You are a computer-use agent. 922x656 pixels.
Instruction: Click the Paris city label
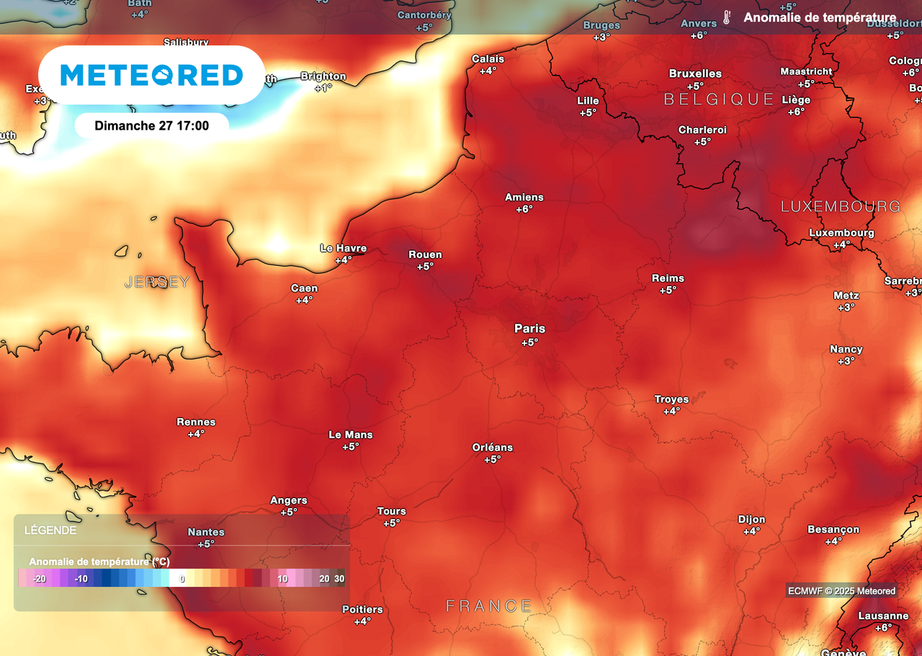(x=529, y=329)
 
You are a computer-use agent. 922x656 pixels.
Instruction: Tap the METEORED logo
(x=151, y=75)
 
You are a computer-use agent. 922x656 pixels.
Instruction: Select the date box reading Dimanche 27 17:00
(x=151, y=125)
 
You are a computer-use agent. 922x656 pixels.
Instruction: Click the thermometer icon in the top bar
(x=727, y=18)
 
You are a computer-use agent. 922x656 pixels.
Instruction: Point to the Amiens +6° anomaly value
(x=524, y=209)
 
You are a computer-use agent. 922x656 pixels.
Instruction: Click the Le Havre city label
(x=343, y=248)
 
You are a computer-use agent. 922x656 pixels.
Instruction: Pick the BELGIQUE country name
(x=718, y=99)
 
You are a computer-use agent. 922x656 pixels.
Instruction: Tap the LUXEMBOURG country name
(x=841, y=207)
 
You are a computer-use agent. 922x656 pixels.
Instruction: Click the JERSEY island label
(x=157, y=282)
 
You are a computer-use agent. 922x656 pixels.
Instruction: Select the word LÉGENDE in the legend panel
(x=50, y=531)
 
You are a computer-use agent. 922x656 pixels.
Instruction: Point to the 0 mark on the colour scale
(x=182, y=578)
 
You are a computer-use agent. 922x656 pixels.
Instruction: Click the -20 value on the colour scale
(x=39, y=578)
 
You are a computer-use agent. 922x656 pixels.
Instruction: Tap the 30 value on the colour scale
(x=339, y=578)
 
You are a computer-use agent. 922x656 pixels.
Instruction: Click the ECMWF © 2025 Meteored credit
(x=841, y=591)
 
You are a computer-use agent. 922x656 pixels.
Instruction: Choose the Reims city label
(x=668, y=278)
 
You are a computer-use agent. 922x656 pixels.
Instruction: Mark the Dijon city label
(x=751, y=520)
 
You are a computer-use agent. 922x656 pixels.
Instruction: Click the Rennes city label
(x=196, y=422)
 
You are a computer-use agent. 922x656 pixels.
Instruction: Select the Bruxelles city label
(x=695, y=74)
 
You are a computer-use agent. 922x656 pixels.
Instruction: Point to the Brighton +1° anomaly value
(x=323, y=88)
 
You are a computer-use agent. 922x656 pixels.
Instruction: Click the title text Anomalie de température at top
(x=820, y=18)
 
